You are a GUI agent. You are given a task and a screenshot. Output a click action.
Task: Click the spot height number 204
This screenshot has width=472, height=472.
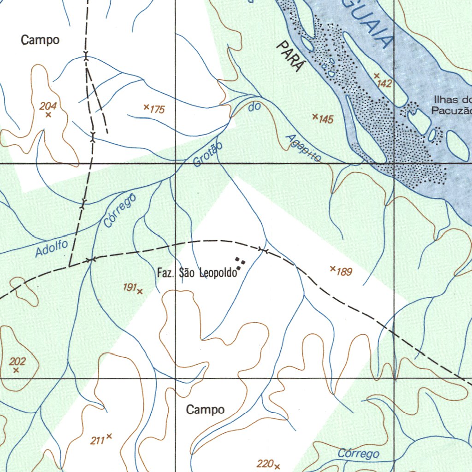[x=48, y=106]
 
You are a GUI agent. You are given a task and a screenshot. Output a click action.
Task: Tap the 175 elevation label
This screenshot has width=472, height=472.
[x=157, y=110]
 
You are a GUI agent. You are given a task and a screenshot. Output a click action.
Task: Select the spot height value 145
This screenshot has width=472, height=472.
[x=326, y=119]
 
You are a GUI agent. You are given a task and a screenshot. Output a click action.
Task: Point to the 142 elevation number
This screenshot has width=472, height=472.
[x=384, y=83]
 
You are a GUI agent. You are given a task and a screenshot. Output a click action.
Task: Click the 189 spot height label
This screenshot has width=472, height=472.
[x=344, y=272]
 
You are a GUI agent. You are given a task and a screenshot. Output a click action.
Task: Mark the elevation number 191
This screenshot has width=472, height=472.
[x=130, y=288]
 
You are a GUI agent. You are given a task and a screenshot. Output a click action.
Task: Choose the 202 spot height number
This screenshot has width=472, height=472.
[x=18, y=361]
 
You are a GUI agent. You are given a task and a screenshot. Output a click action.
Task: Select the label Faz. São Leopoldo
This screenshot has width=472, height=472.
[x=197, y=273]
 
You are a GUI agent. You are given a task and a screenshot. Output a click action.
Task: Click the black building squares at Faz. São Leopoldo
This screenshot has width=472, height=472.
[x=240, y=263]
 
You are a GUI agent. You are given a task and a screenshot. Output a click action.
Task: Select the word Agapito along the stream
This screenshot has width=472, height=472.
[x=303, y=148]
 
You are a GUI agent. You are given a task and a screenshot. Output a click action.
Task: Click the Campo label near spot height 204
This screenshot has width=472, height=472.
[x=40, y=40]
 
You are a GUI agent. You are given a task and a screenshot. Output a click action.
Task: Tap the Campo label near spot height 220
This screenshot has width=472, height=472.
[x=205, y=409]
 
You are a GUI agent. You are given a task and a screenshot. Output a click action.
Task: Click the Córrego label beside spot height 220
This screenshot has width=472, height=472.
[x=359, y=454]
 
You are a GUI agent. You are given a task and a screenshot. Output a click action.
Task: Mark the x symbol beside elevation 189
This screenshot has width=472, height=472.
[x=333, y=268]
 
